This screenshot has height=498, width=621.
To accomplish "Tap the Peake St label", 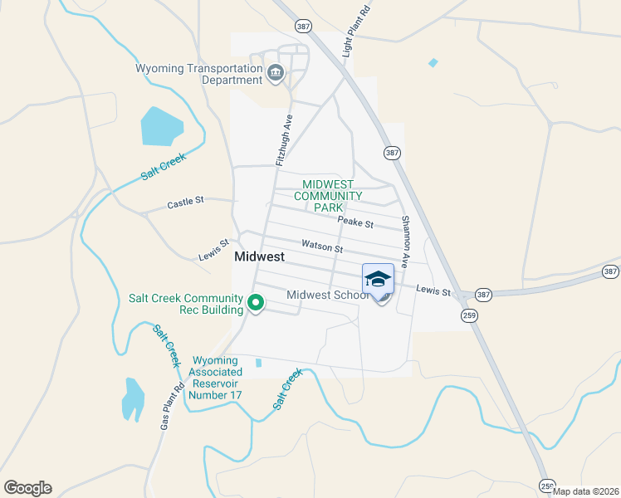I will (355, 222).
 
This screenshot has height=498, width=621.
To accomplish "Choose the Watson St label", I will (322, 247).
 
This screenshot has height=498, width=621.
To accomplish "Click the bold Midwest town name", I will (260, 257).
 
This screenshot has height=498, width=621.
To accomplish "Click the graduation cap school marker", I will (378, 279).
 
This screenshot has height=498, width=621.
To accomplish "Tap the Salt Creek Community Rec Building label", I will (185, 304).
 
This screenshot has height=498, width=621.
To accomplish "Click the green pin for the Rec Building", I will (257, 303).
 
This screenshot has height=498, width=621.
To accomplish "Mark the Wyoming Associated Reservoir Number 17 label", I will (216, 378).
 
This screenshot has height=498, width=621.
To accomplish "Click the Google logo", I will (27, 488).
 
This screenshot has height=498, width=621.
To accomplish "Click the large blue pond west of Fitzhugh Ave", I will (161, 125).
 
